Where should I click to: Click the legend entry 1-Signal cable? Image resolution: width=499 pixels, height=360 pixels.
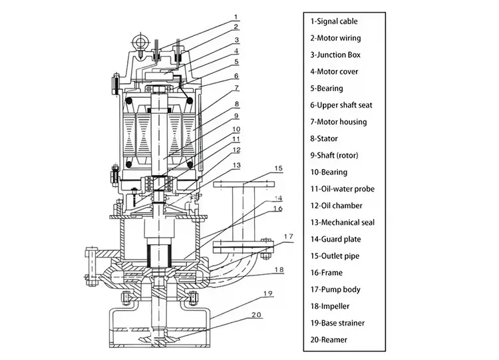tap(334, 21)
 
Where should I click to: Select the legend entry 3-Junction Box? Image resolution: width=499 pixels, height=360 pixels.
tap(335, 55)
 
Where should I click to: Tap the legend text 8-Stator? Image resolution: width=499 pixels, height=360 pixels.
tap(324, 138)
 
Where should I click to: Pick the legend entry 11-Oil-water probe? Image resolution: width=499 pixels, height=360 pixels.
tap(343, 189)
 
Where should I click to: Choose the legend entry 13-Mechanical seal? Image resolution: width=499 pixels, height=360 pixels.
tap(343, 222)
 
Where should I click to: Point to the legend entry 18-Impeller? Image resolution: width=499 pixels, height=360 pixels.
tap(330, 306)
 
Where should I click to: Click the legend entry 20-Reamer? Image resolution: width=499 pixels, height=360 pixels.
tap(329, 339)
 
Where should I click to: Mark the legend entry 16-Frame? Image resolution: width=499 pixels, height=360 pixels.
tap(327, 273)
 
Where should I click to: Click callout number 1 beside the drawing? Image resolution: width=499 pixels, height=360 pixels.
tap(236, 17)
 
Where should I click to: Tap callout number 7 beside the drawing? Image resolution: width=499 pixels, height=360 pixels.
tap(236, 87)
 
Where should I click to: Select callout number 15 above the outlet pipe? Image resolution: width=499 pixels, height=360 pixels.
tap(278, 168)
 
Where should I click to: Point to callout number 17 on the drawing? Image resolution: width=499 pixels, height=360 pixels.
tap(288, 236)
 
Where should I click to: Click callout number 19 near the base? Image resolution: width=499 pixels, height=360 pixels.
tap(268, 293)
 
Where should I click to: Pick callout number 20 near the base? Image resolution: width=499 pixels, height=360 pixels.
tap(257, 315)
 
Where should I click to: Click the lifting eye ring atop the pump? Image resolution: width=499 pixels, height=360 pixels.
tap(140, 41)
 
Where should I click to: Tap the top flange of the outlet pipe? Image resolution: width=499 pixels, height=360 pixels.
tap(244, 184)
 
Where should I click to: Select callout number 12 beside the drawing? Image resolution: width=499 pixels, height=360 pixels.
tap(236, 150)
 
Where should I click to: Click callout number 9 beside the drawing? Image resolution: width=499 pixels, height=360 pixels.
tap(236, 116)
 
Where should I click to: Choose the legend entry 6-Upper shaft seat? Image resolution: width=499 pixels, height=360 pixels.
tap(341, 105)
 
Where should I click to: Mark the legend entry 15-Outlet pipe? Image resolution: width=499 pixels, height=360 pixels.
tap(335, 256)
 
